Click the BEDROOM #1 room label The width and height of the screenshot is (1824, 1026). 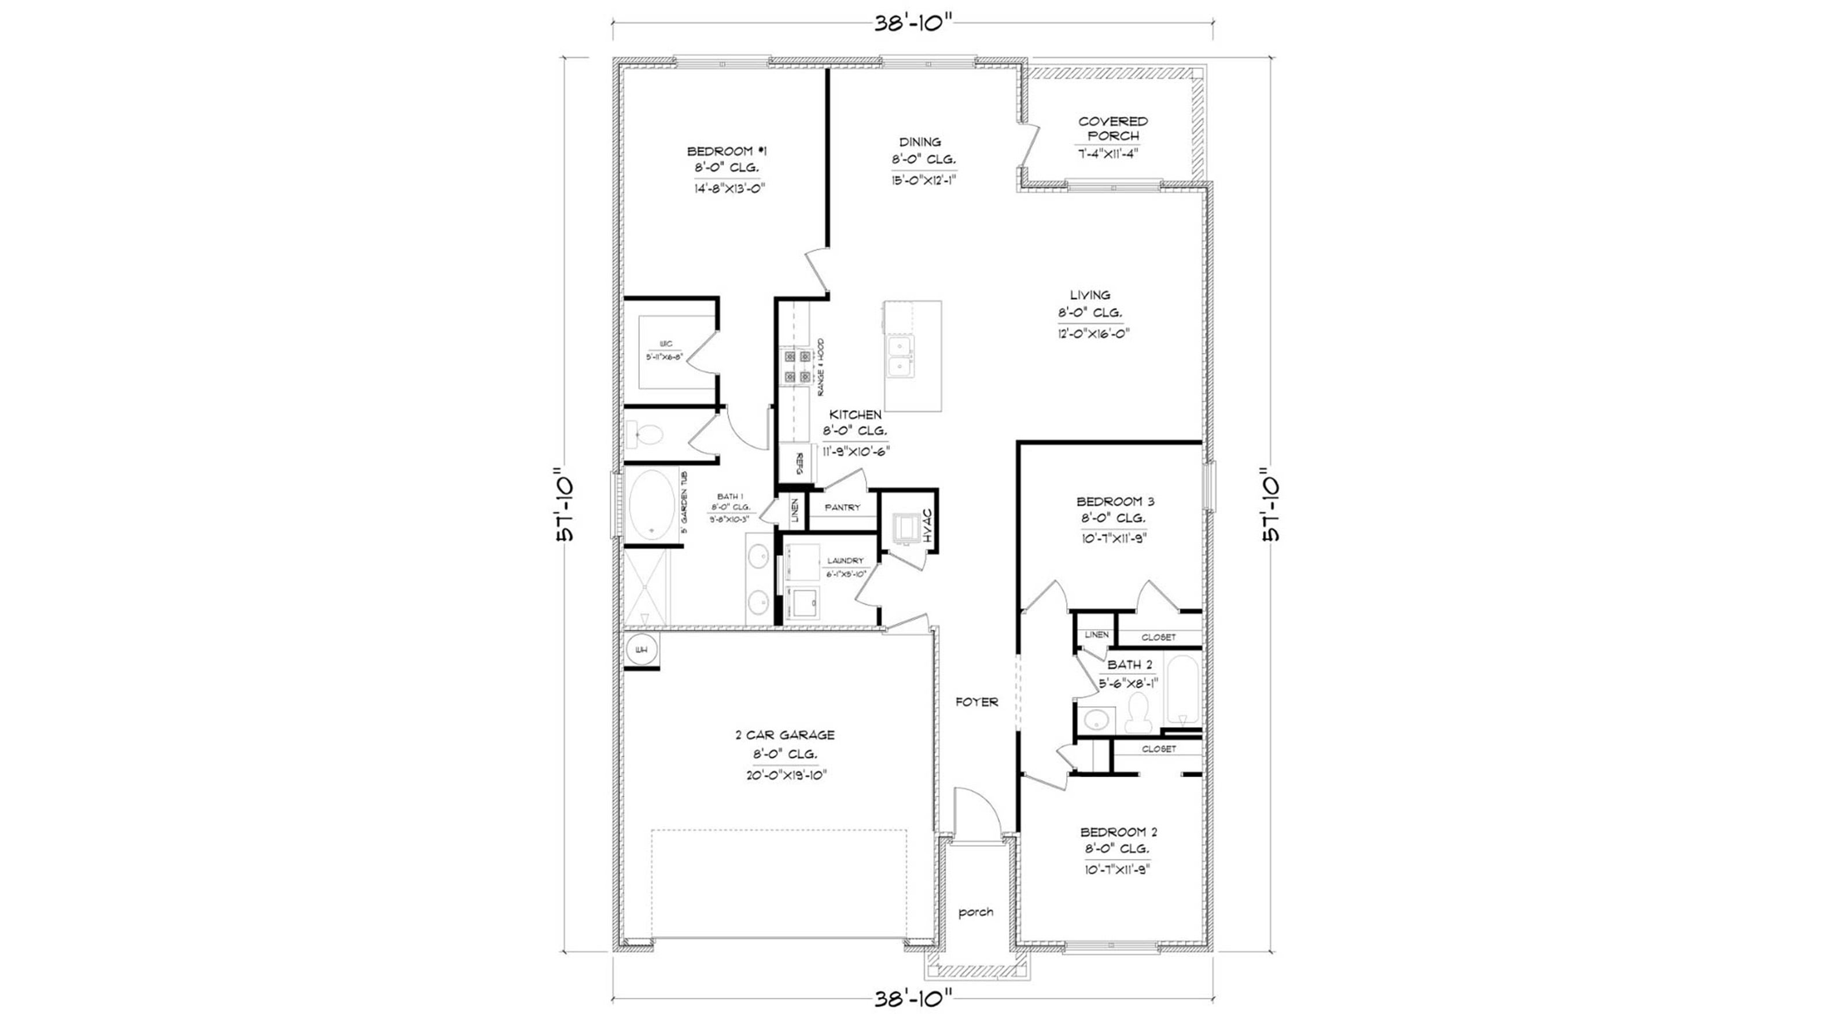[727, 152]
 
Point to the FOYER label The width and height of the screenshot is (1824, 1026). [977, 702]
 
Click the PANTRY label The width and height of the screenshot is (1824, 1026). [843, 508]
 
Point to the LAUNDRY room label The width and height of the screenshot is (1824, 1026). [845, 561]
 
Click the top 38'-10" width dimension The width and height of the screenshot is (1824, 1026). [913, 23]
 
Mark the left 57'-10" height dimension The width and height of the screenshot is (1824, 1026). [566, 504]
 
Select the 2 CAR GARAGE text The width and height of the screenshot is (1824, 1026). [784, 735]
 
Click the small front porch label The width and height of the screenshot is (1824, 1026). [976, 912]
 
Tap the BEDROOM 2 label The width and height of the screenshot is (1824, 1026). [1118, 832]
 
